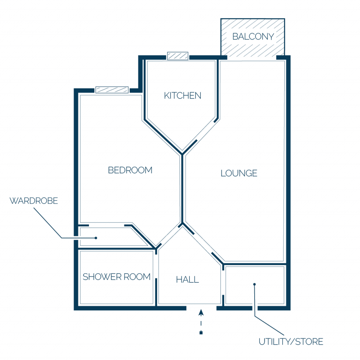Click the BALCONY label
253,37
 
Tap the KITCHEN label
182,96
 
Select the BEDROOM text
130,170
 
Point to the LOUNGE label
239,173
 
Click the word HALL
187,279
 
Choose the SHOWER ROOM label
116,277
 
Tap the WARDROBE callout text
34,201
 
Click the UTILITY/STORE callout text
291,342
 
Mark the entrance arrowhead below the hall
201,313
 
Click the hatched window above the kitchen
178,56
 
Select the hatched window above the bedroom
112,90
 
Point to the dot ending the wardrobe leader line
96,238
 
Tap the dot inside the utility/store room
255,284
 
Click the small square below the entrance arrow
201,333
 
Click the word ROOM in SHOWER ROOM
137,277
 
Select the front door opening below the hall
201,308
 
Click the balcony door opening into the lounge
252,58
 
